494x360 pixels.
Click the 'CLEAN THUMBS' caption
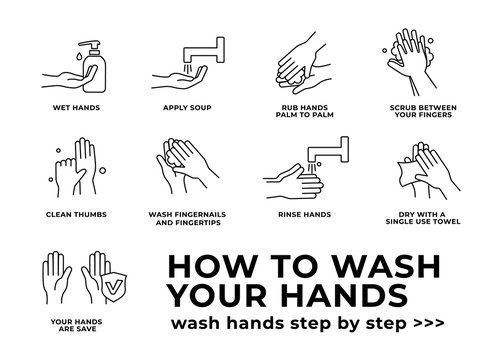(68, 213)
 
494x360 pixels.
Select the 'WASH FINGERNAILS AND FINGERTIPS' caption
(187, 217)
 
